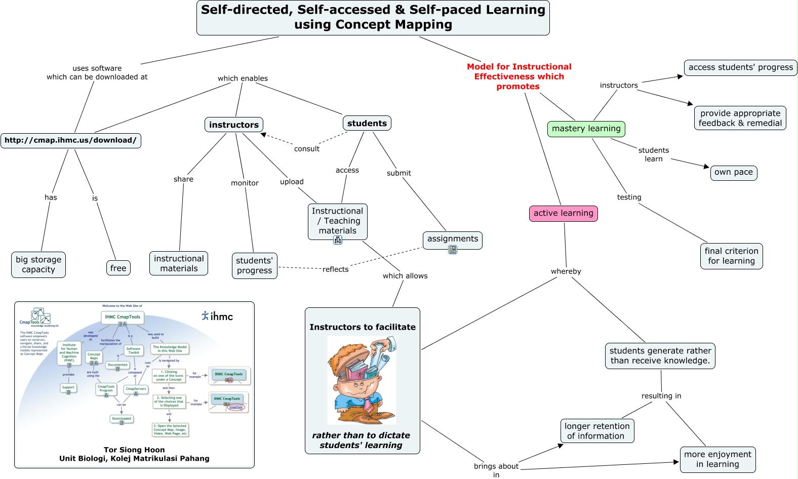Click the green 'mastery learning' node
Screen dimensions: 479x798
click(586, 129)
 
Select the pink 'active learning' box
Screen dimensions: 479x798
click(563, 213)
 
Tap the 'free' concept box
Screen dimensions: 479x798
click(118, 268)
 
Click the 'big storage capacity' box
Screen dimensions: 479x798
click(38, 265)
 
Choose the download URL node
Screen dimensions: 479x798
click(70, 140)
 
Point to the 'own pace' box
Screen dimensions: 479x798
click(733, 172)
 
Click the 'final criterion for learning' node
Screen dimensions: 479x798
click(731, 256)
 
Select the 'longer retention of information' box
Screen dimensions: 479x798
click(597, 431)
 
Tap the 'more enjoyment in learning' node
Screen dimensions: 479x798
click(717, 459)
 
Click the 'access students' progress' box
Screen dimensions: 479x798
click(740, 67)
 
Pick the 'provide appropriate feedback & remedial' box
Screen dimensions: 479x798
click(740, 118)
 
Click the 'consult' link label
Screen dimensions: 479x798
click(307, 149)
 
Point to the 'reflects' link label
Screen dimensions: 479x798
click(335, 269)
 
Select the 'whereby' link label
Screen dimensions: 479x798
click(566, 271)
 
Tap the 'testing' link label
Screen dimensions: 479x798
click(629, 197)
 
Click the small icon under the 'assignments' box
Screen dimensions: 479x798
click(453, 250)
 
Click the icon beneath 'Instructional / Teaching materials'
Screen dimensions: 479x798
click(338, 240)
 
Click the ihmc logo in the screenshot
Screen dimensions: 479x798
click(217, 316)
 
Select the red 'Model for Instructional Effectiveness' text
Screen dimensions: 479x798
click(519, 76)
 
